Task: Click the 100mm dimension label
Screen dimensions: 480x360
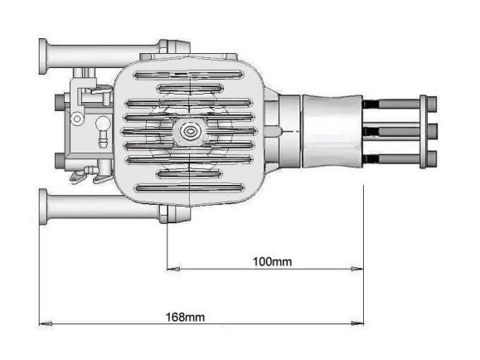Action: click(x=272, y=261)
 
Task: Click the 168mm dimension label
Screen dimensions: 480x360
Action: click(x=185, y=317)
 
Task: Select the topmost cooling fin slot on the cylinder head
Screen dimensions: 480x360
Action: click(x=189, y=75)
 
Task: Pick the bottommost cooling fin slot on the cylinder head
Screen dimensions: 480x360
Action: click(x=190, y=187)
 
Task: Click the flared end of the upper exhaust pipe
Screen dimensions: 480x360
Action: click(x=43, y=56)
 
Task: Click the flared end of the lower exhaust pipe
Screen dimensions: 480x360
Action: click(x=43, y=207)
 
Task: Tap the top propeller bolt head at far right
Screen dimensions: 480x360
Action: click(x=432, y=104)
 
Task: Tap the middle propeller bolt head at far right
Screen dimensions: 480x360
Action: click(x=432, y=131)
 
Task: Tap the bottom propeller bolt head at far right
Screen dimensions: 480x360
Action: click(x=432, y=158)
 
